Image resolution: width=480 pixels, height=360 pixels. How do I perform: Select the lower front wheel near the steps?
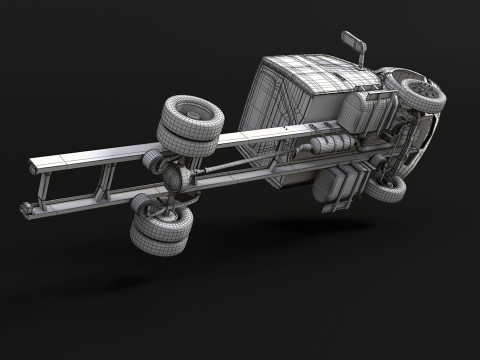coord(386,186)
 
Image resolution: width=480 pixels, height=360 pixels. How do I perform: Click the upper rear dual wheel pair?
coord(190,126)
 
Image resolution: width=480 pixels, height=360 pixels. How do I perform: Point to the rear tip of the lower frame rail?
coord(25,209)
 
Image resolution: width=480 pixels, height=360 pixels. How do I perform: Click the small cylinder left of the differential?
coord(152,160)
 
